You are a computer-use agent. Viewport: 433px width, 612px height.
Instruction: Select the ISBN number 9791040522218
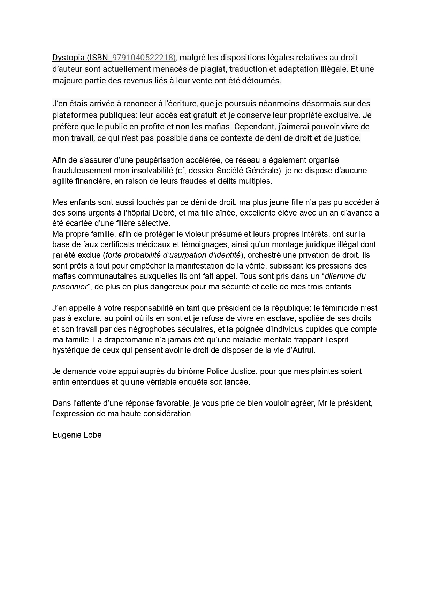tap(143, 58)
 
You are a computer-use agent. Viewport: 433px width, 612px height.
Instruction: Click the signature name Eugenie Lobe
tap(77, 435)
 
